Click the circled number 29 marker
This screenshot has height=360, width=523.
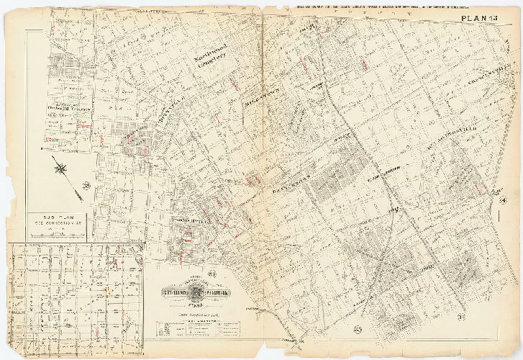pyautogui.click(x=88, y=188)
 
